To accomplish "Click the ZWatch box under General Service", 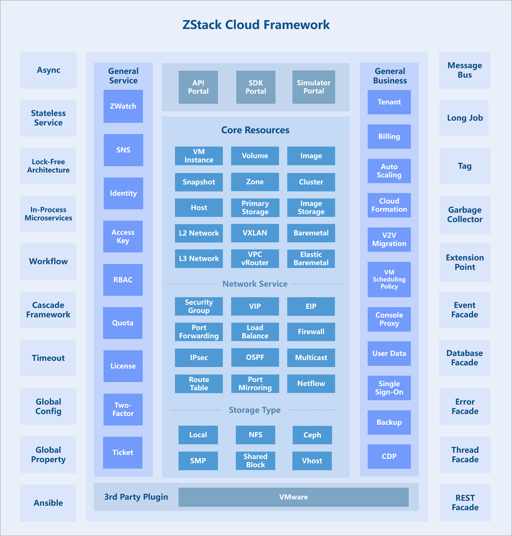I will point(123,106).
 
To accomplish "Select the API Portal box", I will point(198,87).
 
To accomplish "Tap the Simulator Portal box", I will point(314,87).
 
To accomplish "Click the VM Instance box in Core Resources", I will point(199,156).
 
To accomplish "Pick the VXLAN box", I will point(255,233).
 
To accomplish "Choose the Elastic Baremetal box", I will point(311,259).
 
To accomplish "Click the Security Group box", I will point(199,306).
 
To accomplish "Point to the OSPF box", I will point(255,357).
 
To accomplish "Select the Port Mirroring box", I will point(255,383).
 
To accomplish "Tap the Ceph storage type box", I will point(312,435).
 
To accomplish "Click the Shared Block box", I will point(255,461).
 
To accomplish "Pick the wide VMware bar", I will point(294,497).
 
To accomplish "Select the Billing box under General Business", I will point(389,136).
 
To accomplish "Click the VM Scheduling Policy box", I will point(389,279).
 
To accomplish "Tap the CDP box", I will point(389,456).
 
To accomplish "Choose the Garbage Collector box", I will point(465,214).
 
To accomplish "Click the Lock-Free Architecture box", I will point(48,166).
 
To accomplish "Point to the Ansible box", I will point(48,503).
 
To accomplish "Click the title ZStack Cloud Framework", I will point(256,25).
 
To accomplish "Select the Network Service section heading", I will point(255,284).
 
